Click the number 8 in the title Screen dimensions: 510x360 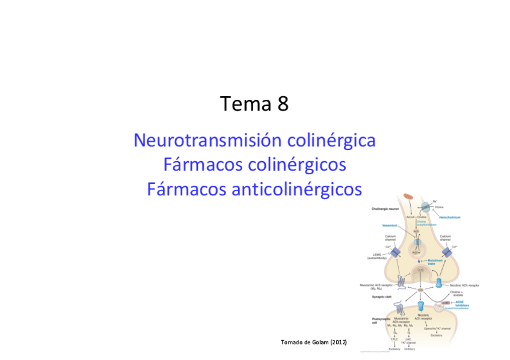click(x=282, y=104)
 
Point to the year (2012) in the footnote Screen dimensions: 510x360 click(x=338, y=342)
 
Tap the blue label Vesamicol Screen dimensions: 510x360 click(x=391, y=226)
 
